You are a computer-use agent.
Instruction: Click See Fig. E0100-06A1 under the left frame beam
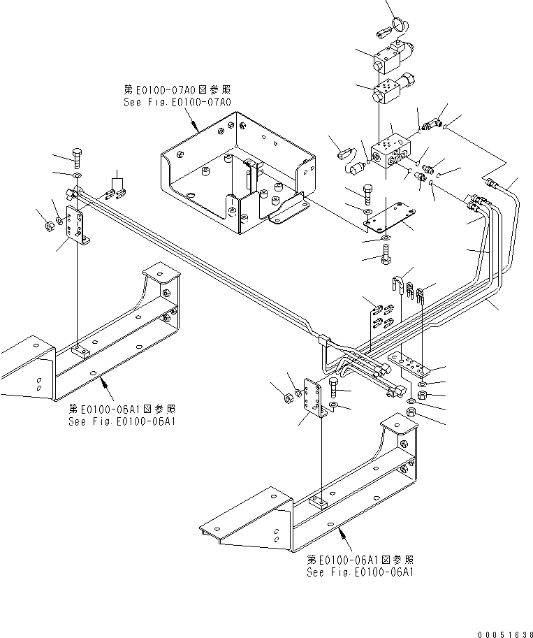pyautogui.click(x=122, y=421)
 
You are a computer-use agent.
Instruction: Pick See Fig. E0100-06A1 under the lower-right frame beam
pyautogui.click(x=360, y=572)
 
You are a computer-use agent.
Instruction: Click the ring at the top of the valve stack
pyautogui.click(x=404, y=26)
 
